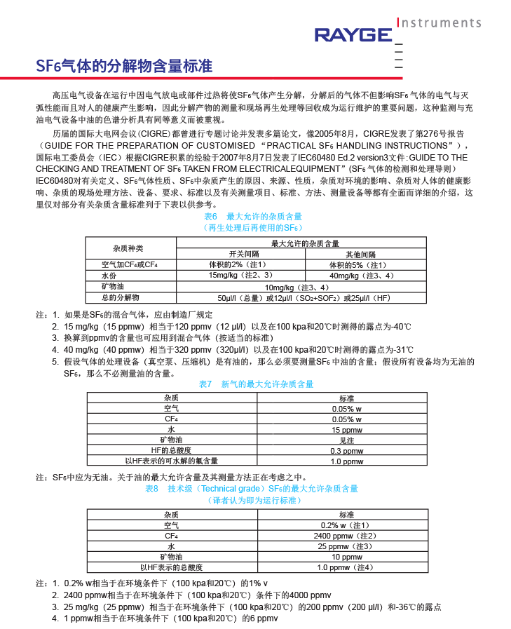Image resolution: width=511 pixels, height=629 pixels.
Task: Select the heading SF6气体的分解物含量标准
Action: [124, 67]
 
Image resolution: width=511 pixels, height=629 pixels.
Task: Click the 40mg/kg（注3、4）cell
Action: [362, 276]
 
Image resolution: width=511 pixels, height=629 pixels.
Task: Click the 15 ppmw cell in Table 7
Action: [346, 429]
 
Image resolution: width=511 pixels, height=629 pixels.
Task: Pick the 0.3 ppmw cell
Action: [346, 451]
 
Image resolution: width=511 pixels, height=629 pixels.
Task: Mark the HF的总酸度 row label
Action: [171, 450]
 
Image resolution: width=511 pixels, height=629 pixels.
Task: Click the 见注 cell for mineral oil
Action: [346, 440]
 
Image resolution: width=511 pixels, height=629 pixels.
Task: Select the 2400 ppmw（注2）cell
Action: [346, 535]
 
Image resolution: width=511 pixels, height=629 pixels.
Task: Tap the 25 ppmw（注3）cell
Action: [346, 546]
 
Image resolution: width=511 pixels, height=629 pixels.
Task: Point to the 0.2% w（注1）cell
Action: [346, 525]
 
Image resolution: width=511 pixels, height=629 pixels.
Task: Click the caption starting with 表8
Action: [251, 488]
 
